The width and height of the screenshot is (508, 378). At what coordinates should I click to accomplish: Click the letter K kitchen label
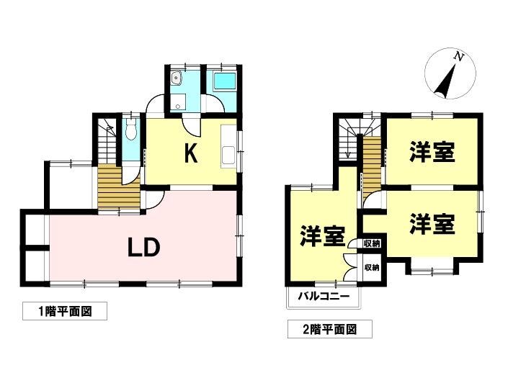[191, 153]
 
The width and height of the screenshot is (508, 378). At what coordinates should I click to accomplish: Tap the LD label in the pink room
[144, 247]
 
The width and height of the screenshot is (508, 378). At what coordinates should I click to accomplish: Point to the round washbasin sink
[177, 78]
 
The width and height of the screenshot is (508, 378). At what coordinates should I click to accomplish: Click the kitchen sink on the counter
[229, 155]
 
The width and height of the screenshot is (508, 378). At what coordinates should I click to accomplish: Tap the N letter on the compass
[458, 57]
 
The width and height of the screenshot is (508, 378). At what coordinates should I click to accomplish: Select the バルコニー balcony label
[324, 296]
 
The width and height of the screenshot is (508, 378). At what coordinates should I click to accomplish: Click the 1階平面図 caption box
[65, 311]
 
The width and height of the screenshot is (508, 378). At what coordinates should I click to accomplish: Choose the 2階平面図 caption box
[330, 329]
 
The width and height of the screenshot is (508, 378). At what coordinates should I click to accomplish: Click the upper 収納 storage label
[372, 243]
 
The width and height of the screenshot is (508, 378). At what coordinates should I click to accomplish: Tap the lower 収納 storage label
[372, 268]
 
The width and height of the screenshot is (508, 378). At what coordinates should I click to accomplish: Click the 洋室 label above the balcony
[322, 235]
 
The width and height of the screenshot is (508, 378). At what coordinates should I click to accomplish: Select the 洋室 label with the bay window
[432, 224]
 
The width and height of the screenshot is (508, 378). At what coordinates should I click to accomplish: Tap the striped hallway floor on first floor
[119, 187]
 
